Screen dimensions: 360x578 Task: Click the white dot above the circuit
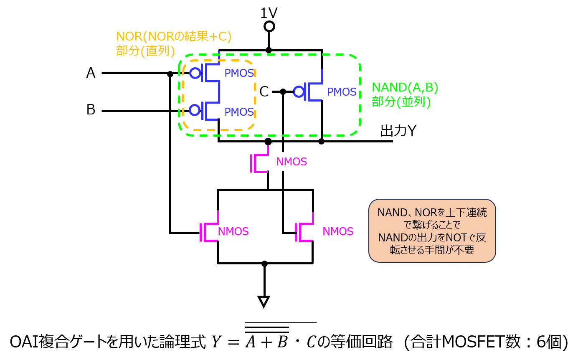click(x=269, y=26)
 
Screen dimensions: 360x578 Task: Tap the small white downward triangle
click(x=264, y=301)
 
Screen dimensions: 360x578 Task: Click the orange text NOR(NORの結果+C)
click(x=174, y=37)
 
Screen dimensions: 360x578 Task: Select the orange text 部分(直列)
click(x=145, y=51)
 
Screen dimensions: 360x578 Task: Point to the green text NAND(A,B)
click(x=405, y=87)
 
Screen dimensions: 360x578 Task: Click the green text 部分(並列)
click(x=401, y=101)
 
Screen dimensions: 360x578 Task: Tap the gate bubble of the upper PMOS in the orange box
click(x=195, y=73)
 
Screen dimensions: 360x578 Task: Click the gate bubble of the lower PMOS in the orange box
click(x=195, y=110)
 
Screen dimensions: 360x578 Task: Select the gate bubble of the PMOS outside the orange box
click(x=299, y=91)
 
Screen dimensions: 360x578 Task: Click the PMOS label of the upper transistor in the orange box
click(x=239, y=74)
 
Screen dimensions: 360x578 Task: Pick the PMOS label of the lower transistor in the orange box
click(x=239, y=112)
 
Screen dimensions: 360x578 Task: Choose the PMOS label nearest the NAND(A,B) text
click(x=342, y=92)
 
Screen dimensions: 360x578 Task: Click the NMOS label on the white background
click(x=292, y=162)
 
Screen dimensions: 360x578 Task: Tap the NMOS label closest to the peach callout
click(x=338, y=231)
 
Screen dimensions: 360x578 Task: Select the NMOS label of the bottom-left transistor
click(x=233, y=231)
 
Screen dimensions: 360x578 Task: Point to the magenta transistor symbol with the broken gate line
click(x=304, y=229)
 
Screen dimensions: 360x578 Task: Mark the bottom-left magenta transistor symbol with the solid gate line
click(x=209, y=229)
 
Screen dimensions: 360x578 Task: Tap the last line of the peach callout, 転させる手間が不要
click(x=432, y=250)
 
